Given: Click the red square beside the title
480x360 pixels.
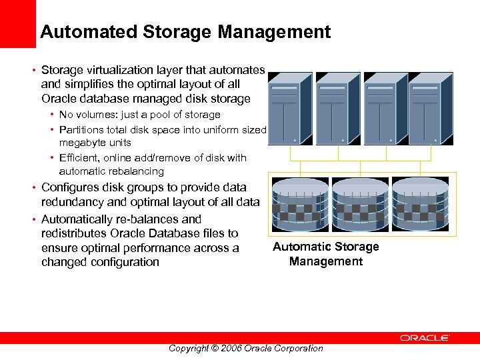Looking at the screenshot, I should coord(17,23).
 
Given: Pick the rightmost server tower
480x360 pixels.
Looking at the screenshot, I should coord(430,108).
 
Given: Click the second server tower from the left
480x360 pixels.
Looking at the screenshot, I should coord(337,108).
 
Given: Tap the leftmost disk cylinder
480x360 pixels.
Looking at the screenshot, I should coord(299,203).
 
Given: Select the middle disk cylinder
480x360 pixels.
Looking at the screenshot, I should coord(360,203).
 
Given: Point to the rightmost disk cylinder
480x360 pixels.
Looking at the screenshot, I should coord(420,203).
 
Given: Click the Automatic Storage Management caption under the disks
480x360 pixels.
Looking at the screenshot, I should coord(326,254).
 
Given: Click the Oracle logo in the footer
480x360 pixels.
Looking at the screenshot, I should coord(425,339).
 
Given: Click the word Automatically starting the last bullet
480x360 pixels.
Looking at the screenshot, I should coord(83,219).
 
